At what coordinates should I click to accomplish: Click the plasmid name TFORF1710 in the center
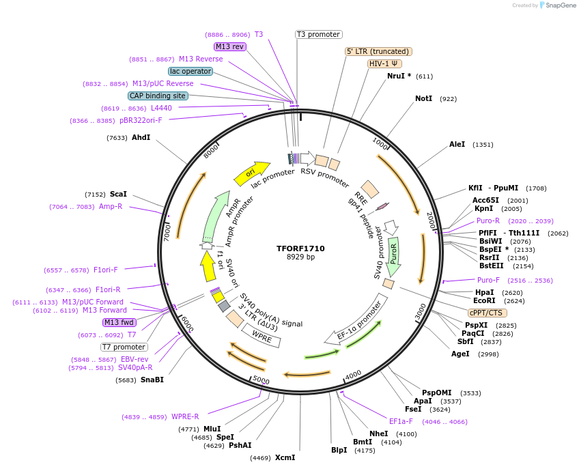[300, 248]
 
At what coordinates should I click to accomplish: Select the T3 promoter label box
[319, 34]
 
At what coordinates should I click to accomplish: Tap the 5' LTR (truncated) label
[378, 51]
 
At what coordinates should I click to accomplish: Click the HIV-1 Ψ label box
[384, 63]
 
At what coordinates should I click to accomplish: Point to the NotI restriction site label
[423, 99]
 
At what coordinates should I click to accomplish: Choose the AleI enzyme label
[457, 145]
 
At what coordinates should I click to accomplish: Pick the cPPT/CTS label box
[466, 313]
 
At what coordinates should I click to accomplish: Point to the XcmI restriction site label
[285, 457]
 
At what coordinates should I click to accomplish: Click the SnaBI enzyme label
[152, 380]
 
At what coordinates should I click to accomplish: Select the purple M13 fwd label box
[118, 322]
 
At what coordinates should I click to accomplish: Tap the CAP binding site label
[158, 96]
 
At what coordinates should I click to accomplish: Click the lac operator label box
[190, 71]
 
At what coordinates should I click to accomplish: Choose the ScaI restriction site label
[118, 194]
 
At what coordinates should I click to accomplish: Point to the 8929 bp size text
[300, 257]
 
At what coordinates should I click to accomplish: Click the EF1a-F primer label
[401, 421]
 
